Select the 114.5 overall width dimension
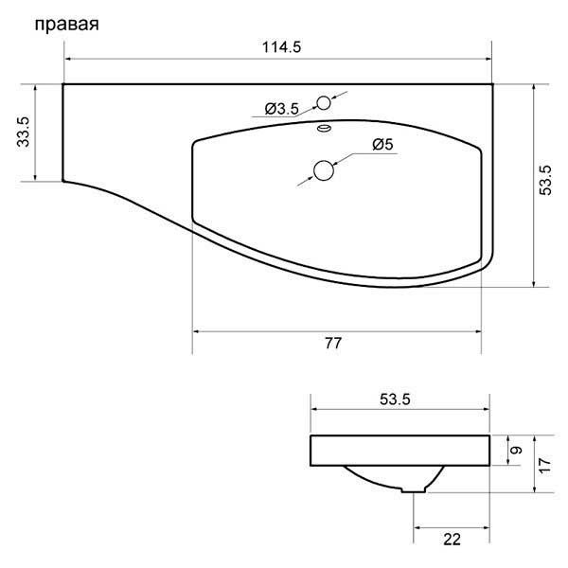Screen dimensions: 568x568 tap(278, 48)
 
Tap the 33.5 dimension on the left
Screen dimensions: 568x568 tap(23, 132)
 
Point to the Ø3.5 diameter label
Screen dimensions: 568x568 tap(282, 110)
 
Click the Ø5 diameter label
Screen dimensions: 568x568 tap(383, 144)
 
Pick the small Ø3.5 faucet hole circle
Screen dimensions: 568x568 tap(325, 102)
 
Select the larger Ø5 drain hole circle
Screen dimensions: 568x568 tap(325, 170)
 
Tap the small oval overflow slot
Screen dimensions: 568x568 tap(325, 128)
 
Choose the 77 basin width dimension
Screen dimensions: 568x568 tap(333, 343)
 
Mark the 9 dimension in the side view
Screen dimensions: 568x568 tap(516, 451)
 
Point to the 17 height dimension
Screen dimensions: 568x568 tap(546, 464)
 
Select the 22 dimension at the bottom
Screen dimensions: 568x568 tap(452, 540)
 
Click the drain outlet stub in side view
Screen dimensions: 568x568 tap(415, 488)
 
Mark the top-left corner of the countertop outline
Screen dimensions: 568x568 tap(63, 84)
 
